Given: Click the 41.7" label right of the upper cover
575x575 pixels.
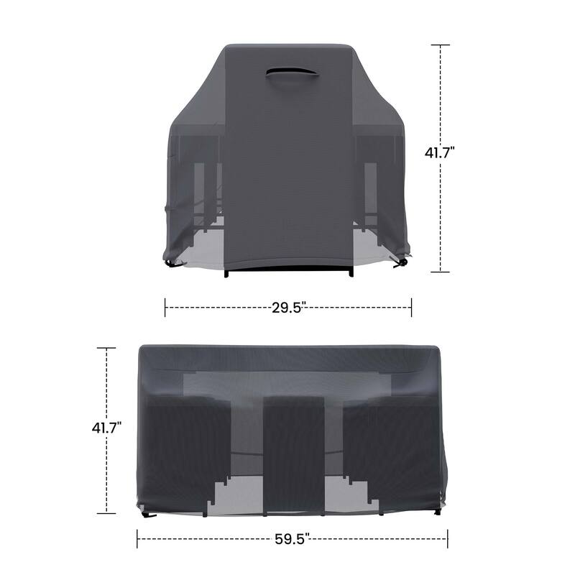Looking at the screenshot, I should (x=441, y=152).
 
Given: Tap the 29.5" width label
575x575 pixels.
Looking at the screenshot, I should (x=289, y=308).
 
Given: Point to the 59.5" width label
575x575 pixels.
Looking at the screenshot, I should (x=292, y=538).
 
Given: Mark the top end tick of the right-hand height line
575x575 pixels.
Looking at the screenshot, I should (x=440, y=45).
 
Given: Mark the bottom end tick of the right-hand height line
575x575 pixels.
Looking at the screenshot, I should (x=440, y=272).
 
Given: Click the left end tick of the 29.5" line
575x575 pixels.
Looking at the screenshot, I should (x=165, y=308).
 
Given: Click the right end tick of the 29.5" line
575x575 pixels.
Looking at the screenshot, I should (x=411, y=308).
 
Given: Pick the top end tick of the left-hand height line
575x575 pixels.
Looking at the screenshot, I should (x=106, y=348).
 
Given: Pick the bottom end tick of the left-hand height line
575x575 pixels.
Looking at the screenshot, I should (x=106, y=512).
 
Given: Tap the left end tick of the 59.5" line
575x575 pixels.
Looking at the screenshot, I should (x=137, y=538).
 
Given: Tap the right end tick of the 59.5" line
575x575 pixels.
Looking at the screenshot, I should (x=447, y=538).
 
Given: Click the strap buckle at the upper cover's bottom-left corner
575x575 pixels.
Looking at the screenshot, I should (x=172, y=263).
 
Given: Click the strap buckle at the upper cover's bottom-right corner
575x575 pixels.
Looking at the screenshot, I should (x=403, y=263).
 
